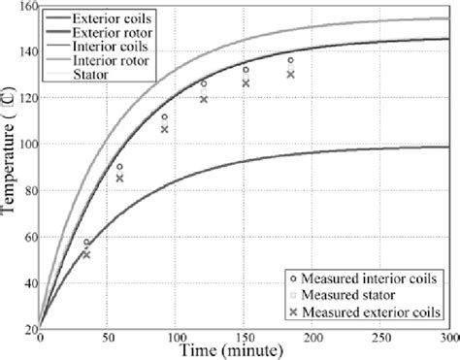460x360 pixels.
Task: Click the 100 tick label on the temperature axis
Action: pos(23,144)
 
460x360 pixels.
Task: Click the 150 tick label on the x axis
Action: pos(246,339)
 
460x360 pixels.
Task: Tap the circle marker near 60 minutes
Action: pos(119,167)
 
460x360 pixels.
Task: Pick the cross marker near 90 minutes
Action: pos(164,129)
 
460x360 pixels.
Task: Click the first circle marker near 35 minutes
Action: pos(86,243)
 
